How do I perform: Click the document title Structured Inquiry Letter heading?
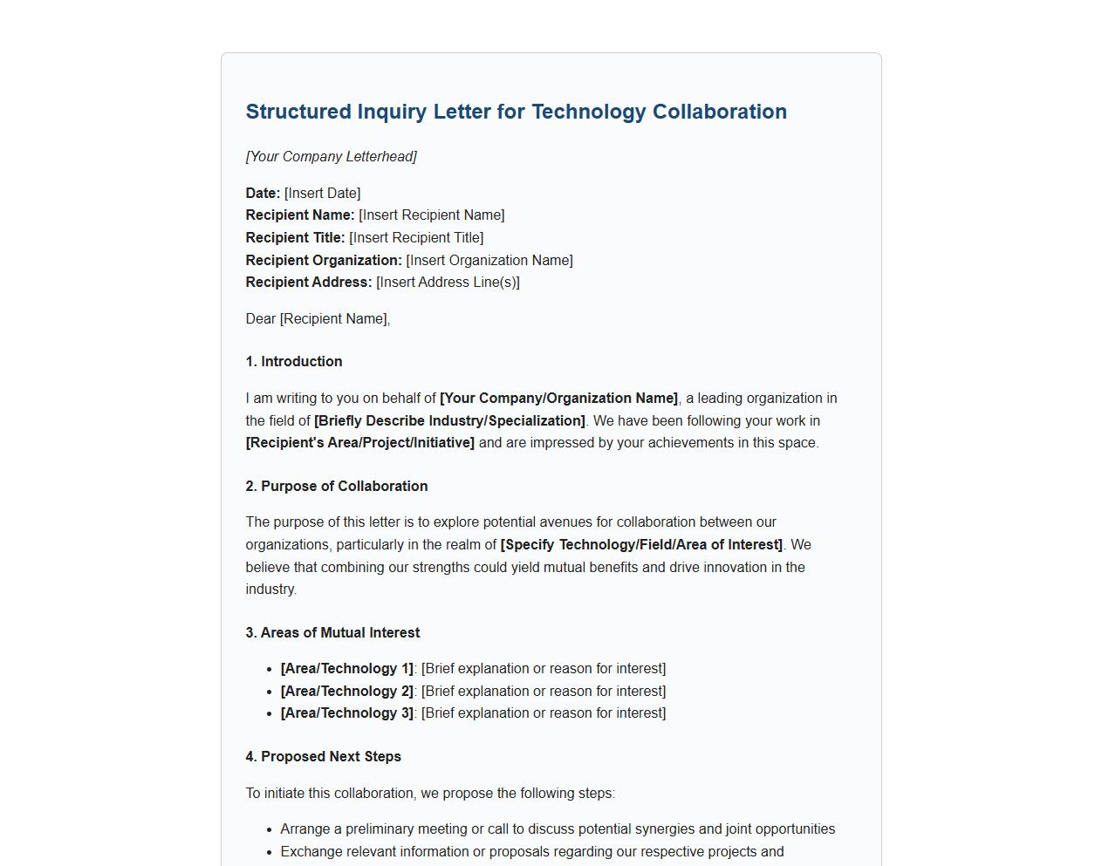tap(516, 112)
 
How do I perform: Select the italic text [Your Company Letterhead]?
tap(331, 157)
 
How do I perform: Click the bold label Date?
tap(263, 194)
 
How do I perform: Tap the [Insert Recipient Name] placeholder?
tap(431, 215)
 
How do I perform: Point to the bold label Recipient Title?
tap(295, 238)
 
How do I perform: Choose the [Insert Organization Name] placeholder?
tap(489, 261)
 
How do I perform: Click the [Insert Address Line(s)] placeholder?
tap(448, 283)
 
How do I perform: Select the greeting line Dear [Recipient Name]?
tap(318, 319)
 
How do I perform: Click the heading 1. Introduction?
tap(294, 362)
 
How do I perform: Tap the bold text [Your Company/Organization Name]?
tap(558, 399)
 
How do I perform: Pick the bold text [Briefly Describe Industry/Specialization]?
tap(449, 421)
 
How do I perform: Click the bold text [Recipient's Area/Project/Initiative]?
tap(360, 443)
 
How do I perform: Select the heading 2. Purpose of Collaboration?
tap(337, 487)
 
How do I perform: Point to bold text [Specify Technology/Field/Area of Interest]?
tap(641, 545)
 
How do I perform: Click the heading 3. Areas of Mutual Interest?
tap(332, 633)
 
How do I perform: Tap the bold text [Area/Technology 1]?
tap(346, 669)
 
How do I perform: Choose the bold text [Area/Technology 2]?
tap(346, 692)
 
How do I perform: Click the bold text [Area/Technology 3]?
tap(346, 713)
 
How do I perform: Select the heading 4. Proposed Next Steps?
tap(323, 757)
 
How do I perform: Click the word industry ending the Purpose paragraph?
tap(270, 590)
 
